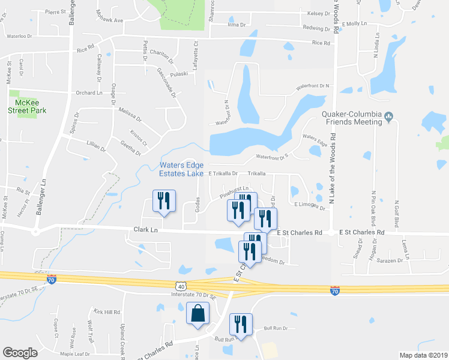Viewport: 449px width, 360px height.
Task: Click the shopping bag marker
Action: tap(197, 314)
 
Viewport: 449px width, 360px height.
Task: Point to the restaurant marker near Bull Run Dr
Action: tap(241, 325)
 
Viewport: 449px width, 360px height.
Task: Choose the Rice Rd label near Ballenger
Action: tap(86, 46)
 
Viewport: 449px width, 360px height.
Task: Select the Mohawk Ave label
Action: tap(110, 20)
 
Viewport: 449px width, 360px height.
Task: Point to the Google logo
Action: tap(20, 353)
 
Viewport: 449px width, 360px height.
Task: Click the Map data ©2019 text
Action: tap(423, 355)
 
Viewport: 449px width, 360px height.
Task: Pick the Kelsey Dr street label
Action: tap(319, 13)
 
